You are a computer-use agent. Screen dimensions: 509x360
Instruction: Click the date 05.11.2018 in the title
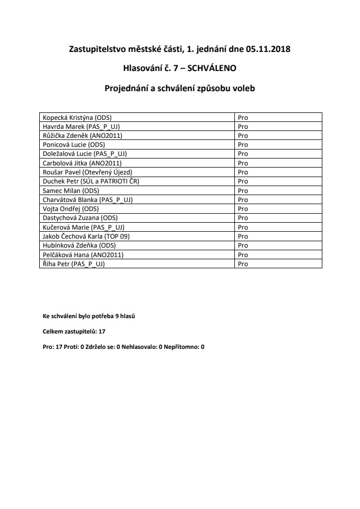pos(268,50)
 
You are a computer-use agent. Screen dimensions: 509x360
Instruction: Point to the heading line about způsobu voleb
pos(180,89)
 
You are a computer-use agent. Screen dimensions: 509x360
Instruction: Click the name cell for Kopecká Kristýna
pos(77,117)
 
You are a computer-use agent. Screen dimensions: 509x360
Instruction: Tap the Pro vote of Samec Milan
pos(243,190)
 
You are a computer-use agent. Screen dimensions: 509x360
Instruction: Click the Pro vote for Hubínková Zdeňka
pos(243,245)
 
